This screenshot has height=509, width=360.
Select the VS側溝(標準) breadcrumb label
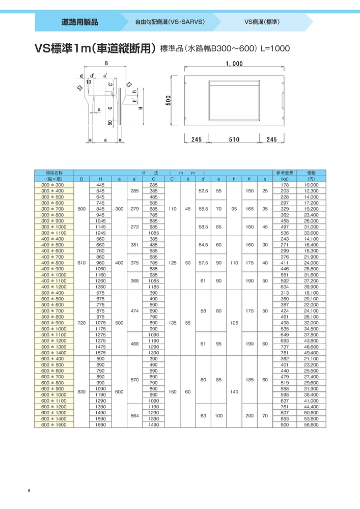click(262, 22)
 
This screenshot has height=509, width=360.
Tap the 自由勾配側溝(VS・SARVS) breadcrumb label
click(170, 22)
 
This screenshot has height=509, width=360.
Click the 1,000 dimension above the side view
click(233, 64)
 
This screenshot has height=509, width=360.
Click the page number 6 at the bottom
click(30, 491)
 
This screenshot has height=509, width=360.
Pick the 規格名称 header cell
click(53, 173)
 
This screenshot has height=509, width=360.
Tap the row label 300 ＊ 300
click(53, 185)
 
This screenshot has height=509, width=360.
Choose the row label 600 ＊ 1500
click(53, 424)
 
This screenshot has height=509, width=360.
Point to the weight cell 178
click(285, 185)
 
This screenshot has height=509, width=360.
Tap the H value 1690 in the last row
click(100, 424)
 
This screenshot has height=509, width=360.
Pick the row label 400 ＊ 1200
click(53, 287)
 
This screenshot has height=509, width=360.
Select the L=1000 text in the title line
click(275, 49)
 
